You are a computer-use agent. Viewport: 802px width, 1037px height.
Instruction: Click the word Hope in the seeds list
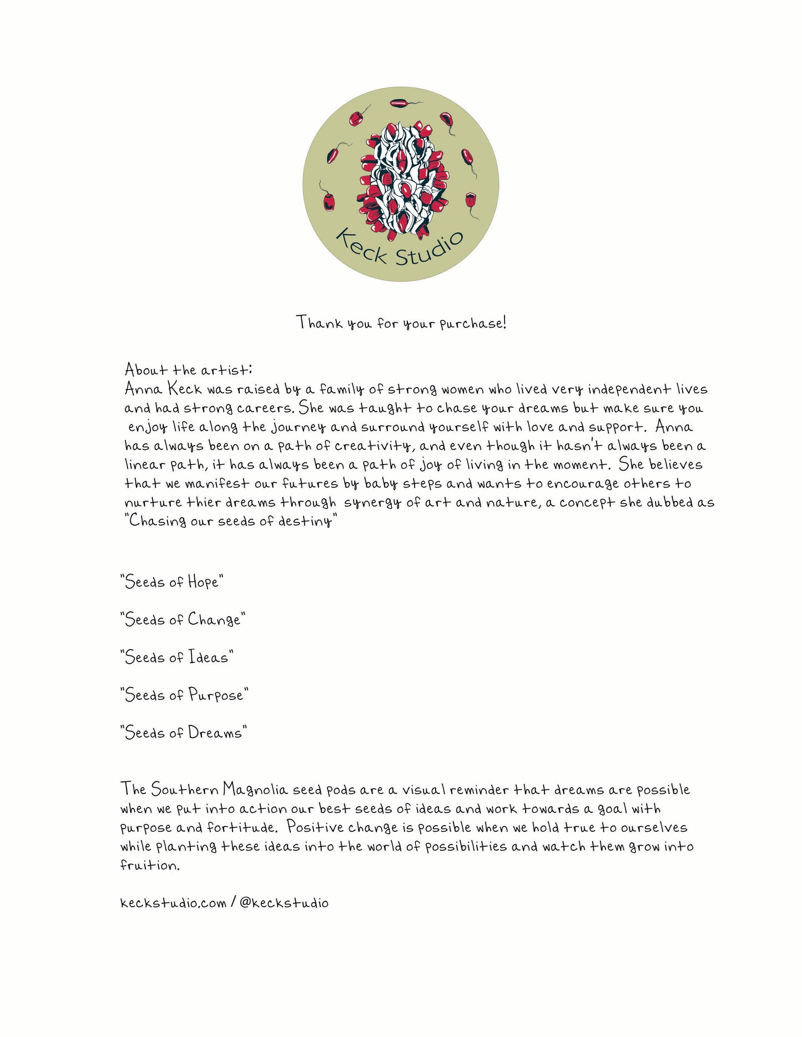pyautogui.click(x=203, y=582)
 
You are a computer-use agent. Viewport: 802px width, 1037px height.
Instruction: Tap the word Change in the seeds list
pyautogui.click(x=214, y=619)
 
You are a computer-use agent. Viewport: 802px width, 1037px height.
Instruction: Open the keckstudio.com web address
pyautogui.click(x=173, y=903)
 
